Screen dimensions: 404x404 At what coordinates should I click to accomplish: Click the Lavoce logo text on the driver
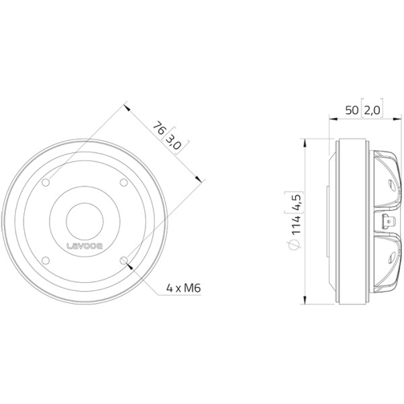pos(85,246)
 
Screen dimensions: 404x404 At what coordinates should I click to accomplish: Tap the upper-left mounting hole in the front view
pos(46,182)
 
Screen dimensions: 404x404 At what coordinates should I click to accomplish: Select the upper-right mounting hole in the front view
pos(124,182)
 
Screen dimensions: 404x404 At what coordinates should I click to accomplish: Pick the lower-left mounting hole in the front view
pos(46,261)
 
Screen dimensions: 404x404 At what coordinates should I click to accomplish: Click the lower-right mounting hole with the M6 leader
pos(124,261)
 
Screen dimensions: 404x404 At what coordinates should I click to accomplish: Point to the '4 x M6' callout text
pos(183,288)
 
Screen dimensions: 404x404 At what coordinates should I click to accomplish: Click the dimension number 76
pos(159,128)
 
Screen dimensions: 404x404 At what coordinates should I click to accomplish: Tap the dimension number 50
pos(352,110)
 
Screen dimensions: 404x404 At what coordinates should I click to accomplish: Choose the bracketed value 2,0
pos(372,110)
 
